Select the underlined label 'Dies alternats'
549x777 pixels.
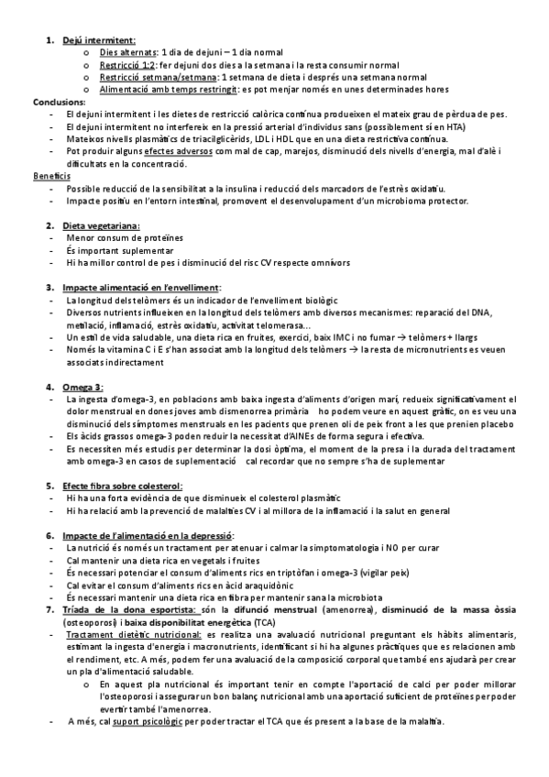point(127,53)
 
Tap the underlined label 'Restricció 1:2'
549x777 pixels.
point(128,66)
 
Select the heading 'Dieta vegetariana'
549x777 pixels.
point(101,224)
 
